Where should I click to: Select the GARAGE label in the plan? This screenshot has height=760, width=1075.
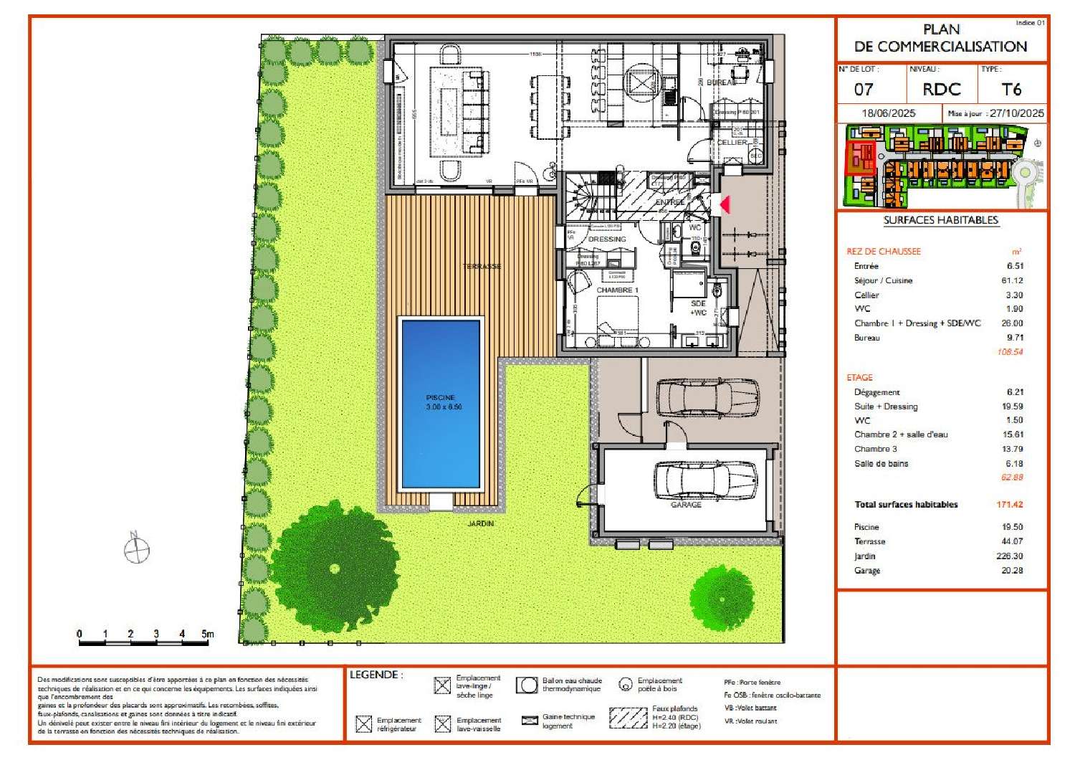coord(685,505)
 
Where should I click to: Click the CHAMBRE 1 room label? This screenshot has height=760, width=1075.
coord(617,290)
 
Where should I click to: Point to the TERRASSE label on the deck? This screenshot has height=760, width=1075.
coord(482,267)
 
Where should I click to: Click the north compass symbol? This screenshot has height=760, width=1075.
coord(136,550)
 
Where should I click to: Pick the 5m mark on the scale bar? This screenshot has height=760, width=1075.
coord(207,634)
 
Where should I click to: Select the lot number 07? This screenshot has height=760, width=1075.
coord(864,90)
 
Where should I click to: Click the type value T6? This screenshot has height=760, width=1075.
coord(1010,90)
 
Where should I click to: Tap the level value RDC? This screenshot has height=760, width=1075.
coord(941,90)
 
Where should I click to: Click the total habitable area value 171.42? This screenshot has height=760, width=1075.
coord(1009,505)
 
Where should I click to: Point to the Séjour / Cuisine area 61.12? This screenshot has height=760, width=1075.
coord(1012,280)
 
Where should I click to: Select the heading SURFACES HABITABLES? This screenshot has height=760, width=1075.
coord(940,220)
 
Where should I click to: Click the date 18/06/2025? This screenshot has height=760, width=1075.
coord(889,113)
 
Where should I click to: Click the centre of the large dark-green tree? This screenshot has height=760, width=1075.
coord(335,569)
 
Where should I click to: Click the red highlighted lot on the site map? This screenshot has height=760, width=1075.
coord(860,158)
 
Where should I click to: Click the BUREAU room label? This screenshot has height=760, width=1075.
coord(721,82)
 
